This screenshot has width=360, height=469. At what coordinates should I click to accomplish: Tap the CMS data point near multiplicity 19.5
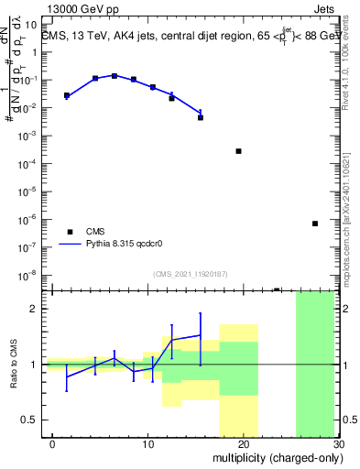[x=238, y=151]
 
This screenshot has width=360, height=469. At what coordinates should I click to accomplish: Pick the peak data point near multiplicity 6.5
[x=115, y=76]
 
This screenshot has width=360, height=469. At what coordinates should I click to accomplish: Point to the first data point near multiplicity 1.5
[x=67, y=95]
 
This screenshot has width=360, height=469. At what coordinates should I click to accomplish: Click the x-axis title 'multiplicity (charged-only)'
[x=274, y=456]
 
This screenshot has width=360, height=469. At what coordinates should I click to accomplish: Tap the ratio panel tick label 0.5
[x=28, y=420]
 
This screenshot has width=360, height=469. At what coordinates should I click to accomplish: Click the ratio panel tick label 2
[x=34, y=309]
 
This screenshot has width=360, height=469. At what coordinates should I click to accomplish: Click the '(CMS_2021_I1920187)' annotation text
[x=190, y=273]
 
